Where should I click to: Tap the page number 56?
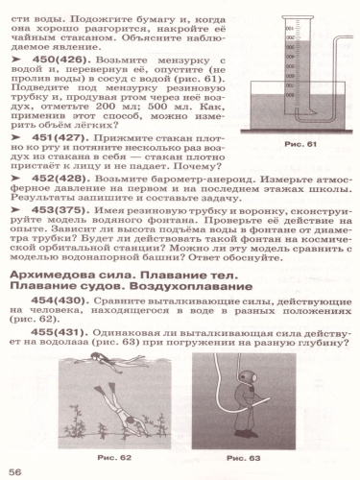pyautogui.click(x=15, y=471)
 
